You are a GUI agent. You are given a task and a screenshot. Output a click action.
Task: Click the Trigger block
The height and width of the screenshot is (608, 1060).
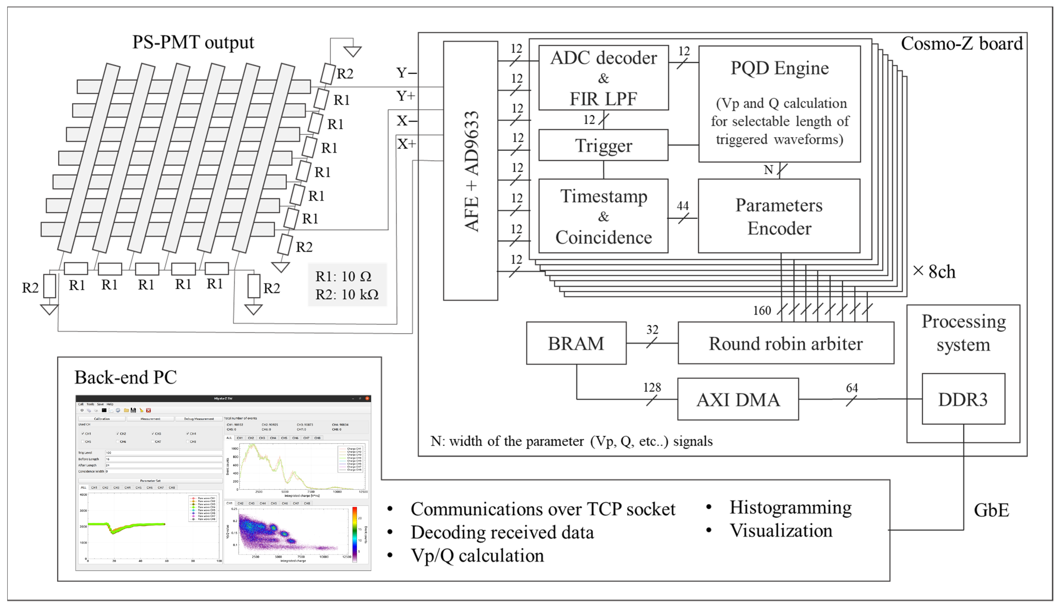click(603, 145)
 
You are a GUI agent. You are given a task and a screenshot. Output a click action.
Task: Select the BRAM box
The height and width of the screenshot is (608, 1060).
click(576, 343)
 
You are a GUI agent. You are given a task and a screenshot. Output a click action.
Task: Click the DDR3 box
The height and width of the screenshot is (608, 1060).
click(963, 399)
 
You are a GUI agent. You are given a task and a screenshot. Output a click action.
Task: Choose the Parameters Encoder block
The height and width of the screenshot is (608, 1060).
click(779, 216)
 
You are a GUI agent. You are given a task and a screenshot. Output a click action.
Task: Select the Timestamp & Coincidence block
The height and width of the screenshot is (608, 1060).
click(603, 216)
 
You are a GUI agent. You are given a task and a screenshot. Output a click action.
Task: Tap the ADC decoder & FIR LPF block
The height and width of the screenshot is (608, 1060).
click(603, 78)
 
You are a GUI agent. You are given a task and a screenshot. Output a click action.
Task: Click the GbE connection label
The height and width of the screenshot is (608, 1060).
click(991, 510)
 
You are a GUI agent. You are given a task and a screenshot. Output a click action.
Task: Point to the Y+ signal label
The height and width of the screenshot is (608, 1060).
click(405, 97)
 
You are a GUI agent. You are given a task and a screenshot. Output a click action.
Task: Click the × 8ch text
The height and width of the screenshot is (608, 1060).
click(934, 271)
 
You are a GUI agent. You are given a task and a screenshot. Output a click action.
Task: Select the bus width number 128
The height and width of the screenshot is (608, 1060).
click(652, 388)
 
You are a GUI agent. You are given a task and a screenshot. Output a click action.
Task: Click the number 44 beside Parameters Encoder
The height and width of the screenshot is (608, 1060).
click(682, 206)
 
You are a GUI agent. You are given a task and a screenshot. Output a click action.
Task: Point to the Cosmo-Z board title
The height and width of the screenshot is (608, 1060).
click(962, 43)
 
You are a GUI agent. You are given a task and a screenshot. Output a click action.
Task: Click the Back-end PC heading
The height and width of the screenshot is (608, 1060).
click(125, 377)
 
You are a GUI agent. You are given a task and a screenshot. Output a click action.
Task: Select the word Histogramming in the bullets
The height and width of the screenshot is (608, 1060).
click(790, 507)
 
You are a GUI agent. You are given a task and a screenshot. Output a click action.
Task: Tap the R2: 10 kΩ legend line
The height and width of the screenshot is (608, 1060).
click(347, 294)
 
